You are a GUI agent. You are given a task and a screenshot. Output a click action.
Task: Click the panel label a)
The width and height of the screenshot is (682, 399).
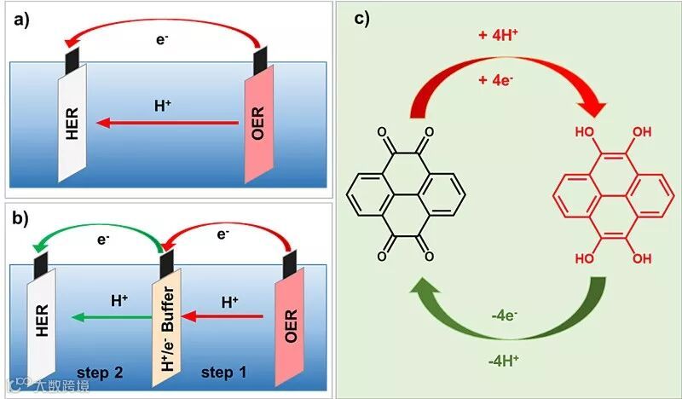pos(20,21)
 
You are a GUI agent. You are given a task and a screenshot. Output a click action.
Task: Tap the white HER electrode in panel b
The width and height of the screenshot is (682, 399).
pos(43,328)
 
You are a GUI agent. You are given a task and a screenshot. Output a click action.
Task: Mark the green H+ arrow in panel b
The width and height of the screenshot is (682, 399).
pos(107,317)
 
